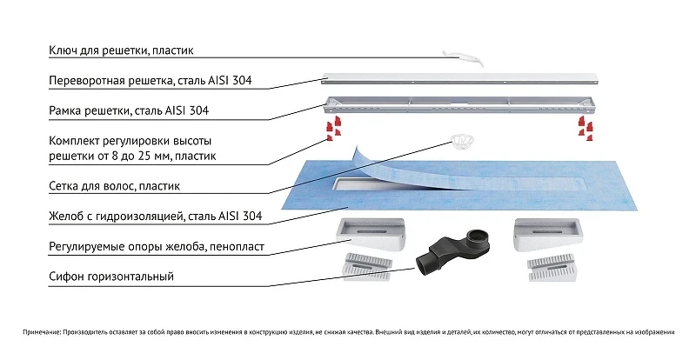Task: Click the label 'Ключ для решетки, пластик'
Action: [x=121, y=50]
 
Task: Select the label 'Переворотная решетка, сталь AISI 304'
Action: [x=150, y=81]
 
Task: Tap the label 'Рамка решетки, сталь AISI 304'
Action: [x=129, y=110]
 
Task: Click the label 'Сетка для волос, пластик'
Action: [x=115, y=186]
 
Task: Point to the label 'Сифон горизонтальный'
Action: [x=111, y=277]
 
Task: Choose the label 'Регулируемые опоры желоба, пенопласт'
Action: [x=157, y=246]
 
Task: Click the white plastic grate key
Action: [x=463, y=57]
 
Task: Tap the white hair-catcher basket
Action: [x=463, y=141]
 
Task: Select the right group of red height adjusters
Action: [x=586, y=129]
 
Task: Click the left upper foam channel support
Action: [x=371, y=234]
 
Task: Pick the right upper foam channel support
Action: [x=548, y=234]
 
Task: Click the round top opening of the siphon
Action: [x=482, y=235]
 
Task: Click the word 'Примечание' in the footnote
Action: [x=42, y=332]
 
